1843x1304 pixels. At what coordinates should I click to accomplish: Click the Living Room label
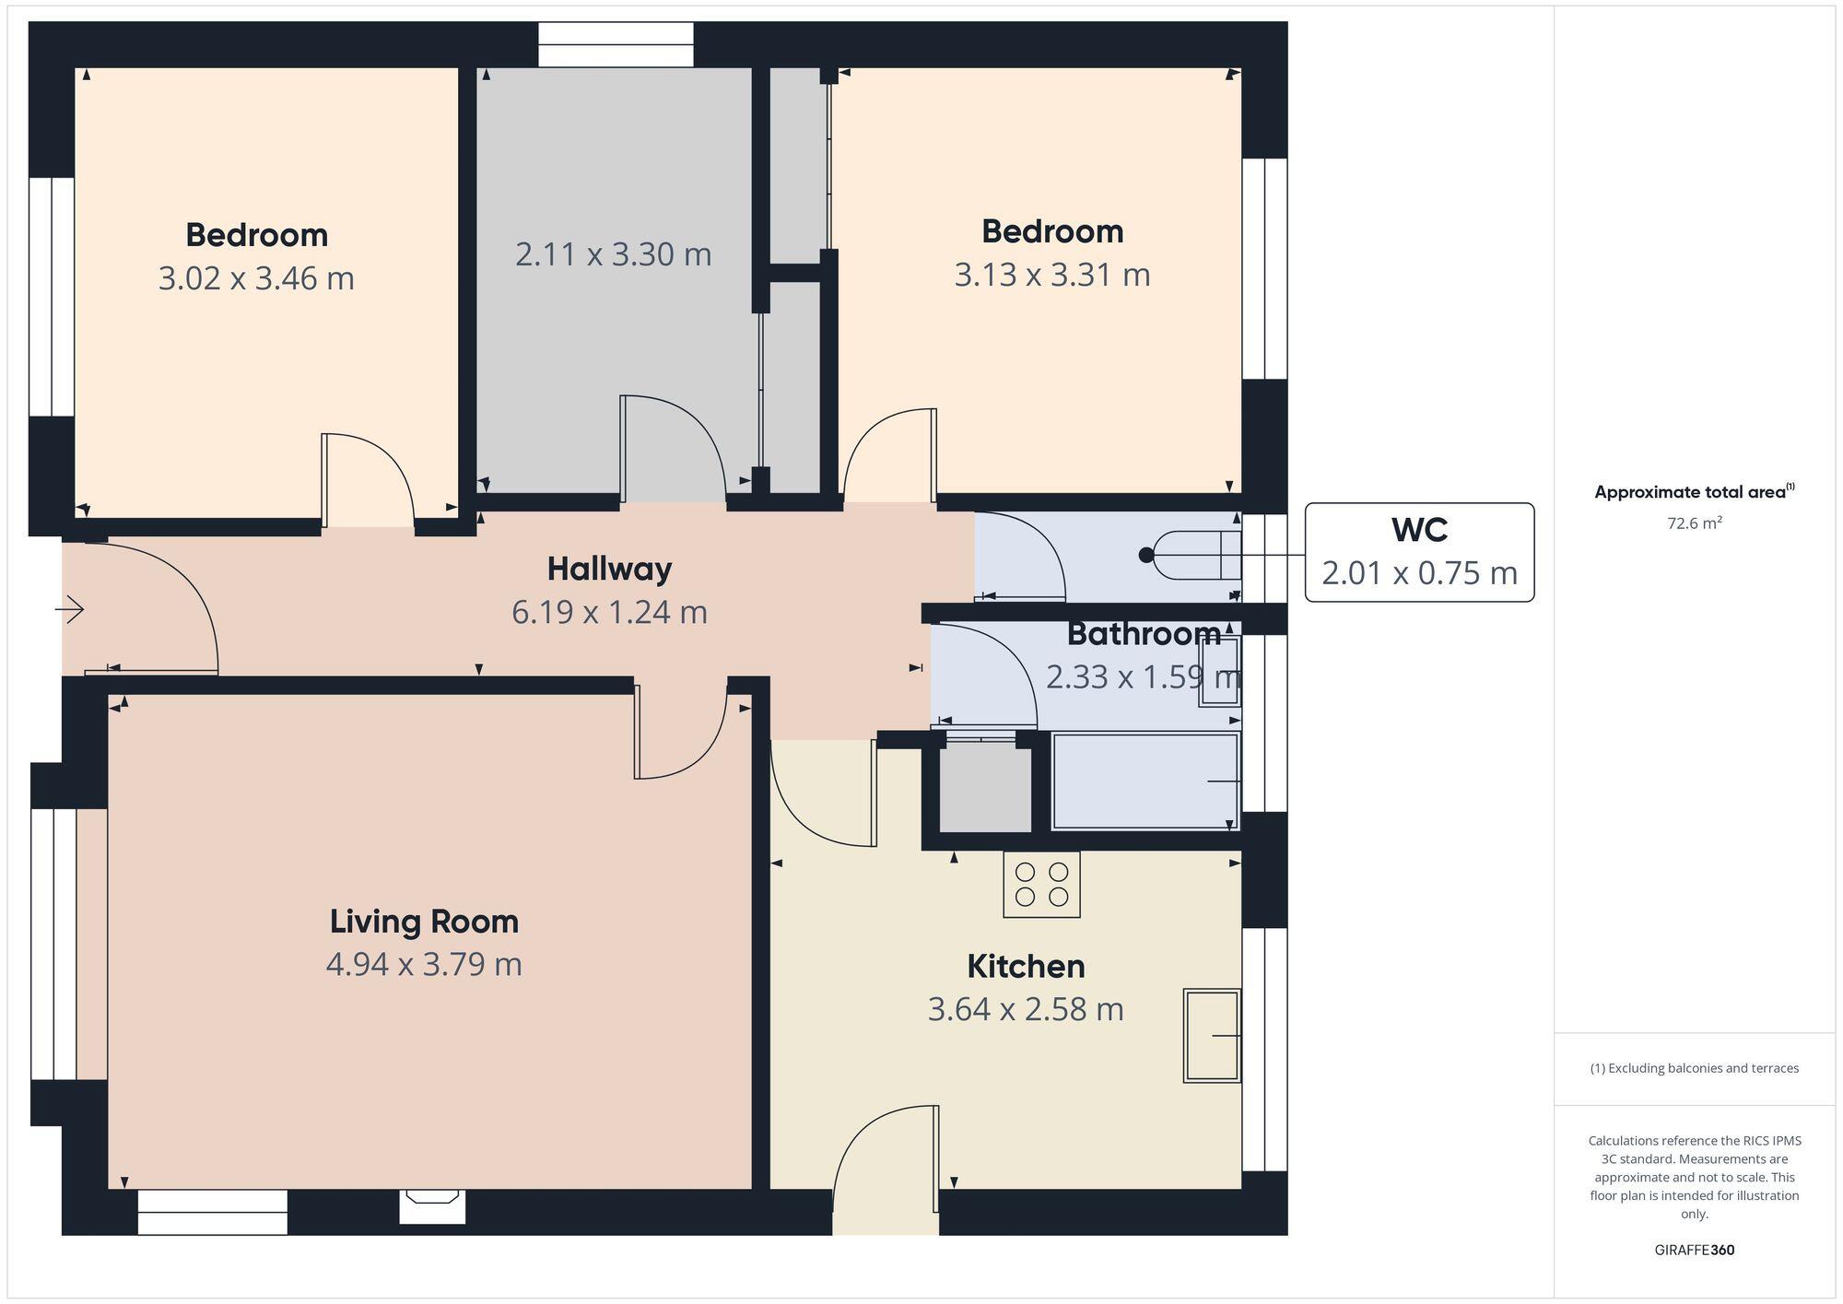tap(424, 922)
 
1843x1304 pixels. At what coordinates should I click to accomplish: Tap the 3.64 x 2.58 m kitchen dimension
tap(1025, 1010)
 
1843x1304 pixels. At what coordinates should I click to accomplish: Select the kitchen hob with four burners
tap(1041, 885)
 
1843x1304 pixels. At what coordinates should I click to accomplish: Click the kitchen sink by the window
tap(1211, 1035)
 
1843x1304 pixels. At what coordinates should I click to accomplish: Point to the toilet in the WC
tap(1193, 555)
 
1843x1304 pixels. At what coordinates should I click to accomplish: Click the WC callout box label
tap(1419, 531)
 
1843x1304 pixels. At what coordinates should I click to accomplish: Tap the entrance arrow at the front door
tap(71, 609)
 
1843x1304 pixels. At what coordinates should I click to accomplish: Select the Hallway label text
tap(609, 570)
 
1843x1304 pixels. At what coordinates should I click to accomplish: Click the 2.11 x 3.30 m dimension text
tap(613, 255)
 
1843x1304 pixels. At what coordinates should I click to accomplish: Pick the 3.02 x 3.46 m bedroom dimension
tap(256, 278)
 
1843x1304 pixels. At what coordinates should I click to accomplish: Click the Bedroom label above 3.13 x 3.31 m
tap(1051, 232)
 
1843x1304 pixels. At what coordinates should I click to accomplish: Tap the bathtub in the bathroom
tap(1145, 781)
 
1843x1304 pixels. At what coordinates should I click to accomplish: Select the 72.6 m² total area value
tap(1694, 523)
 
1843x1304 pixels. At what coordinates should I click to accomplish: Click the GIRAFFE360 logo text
tap(1694, 1251)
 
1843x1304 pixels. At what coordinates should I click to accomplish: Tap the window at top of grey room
tap(616, 45)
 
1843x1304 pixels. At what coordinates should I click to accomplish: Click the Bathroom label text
tap(1144, 634)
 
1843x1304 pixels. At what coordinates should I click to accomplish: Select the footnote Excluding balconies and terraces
tap(1694, 1069)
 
